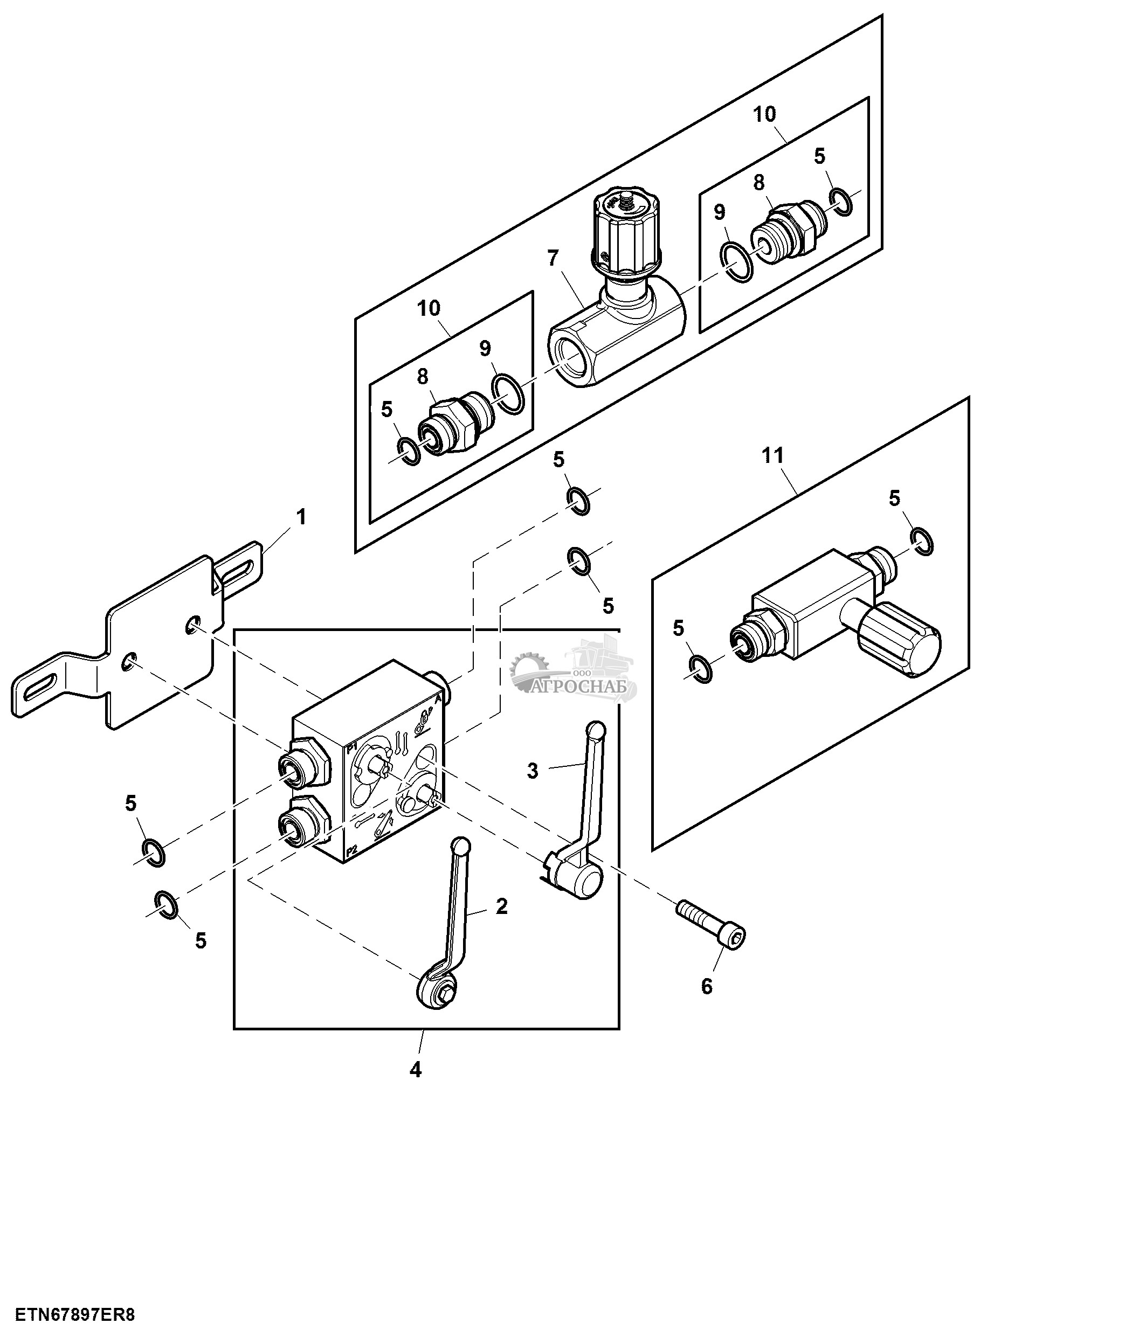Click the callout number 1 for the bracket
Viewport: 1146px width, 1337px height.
(301, 517)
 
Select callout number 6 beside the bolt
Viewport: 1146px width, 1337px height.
(707, 986)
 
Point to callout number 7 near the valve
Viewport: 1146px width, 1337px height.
(553, 258)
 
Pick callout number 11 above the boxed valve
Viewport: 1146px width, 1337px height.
(772, 455)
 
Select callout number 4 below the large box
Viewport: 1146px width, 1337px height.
(416, 1069)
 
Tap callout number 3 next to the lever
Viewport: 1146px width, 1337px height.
(533, 771)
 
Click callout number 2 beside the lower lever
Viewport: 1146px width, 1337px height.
(501, 906)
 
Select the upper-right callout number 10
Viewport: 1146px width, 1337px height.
(765, 114)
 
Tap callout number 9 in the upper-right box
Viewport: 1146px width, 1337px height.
(720, 212)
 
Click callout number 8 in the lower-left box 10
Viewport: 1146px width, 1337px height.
(423, 377)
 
